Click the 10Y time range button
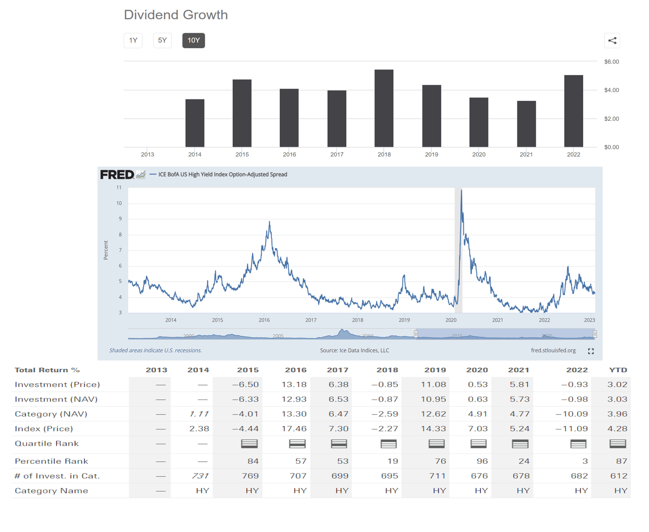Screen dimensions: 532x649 pyautogui.click(x=194, y=40)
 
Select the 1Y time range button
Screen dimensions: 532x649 pyautogui.click(x=133, y=40)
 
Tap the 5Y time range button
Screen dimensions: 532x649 pyautogui.click(x=162, y=40)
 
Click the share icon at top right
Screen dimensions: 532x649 pyautogui.click(x=612, y=41)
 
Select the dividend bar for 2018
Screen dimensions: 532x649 pyautogui.click(x=384, y=108)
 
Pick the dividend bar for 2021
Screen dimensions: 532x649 pyautogui.click(x=526, y=124)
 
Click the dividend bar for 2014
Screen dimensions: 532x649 pyautogui.click(x=195, y=123)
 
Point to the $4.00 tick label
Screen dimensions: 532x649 pyautogui.click(x=611, y=90)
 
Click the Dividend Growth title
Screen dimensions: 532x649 pyautogui.click(x=176, y=15)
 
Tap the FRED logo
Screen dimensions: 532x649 pyautogui.click(x=117, y=174)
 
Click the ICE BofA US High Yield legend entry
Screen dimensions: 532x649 pyautogui.click(x=222, y=174)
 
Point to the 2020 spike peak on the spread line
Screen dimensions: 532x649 pyautogui.click(x=461, y=191)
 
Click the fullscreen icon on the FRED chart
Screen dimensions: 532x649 pyautogui.click(x=590, y=351)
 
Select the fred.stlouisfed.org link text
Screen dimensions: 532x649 pyautogui.click(x=553, y=350)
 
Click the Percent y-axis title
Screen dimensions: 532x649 pyautogui.click(x=106, y=250)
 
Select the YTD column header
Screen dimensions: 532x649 pyautogui.click(x=618, y=370)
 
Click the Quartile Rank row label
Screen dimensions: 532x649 pyautogui.click(x=47, y=443)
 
